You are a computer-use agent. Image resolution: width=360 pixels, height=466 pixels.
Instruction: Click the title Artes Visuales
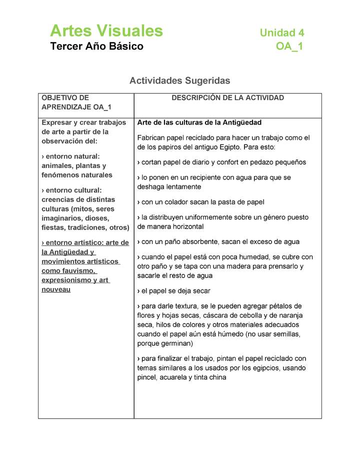pyautogui.click(x=106, y=31)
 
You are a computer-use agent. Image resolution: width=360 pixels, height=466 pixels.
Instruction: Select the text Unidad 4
pyautogui.click(x=281, y=33)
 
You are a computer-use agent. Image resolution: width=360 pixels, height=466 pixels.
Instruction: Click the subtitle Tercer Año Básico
pyautogui.click(x=96, y=46)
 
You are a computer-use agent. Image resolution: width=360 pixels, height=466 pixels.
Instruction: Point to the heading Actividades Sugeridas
pyautogui.click(x=179, y=80)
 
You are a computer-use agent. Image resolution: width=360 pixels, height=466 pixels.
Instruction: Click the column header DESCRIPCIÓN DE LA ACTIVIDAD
pyautogui.click(x=227, y=98)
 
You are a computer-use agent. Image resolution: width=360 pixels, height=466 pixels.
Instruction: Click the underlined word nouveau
pyautogui.click(x=56, y=289)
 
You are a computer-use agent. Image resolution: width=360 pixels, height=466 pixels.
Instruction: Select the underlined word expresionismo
pyautogui.click(x=62, y=280)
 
